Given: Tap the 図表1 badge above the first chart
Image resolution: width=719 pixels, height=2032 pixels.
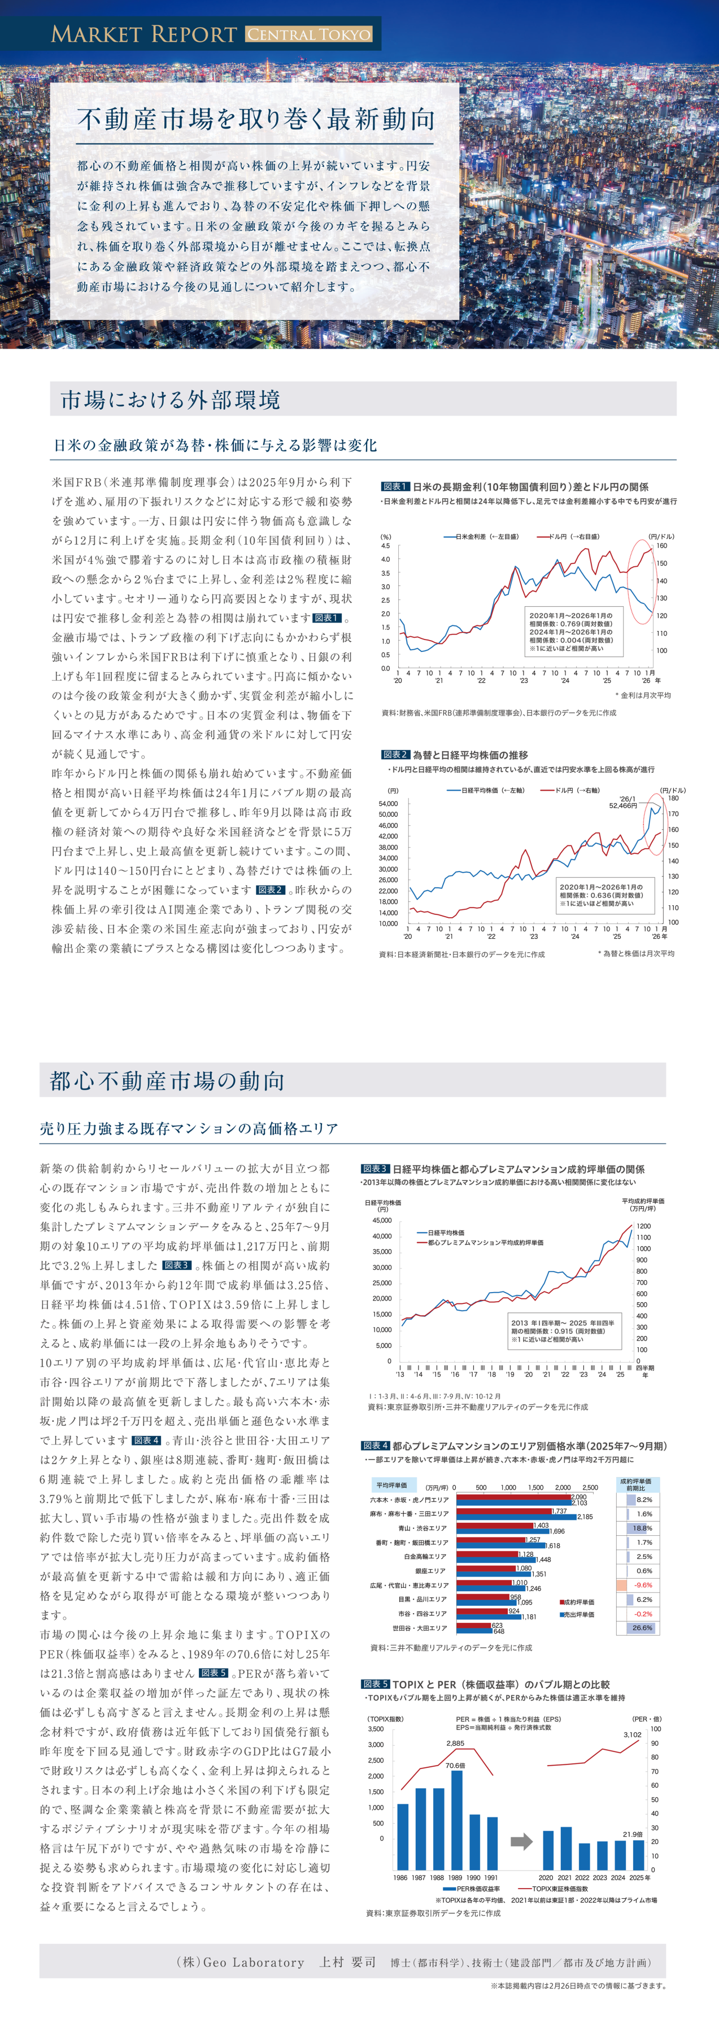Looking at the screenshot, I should pyautogui.click(x=395, y=487).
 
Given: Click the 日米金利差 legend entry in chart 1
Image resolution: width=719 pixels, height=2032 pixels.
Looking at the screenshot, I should pyautogui.click(x=481, y=536).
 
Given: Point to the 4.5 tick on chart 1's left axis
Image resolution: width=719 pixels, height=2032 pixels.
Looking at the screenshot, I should pyautogui.click(x=385, y=546).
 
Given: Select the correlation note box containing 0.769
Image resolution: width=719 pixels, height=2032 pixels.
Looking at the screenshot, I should pyautogui.click(x=574, y=631).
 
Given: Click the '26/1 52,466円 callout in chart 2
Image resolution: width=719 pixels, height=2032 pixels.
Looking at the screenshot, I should pyautogui.click(x=624, y=802).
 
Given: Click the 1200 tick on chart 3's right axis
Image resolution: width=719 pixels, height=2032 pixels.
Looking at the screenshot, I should pyautogui.click(x=643, y=1227).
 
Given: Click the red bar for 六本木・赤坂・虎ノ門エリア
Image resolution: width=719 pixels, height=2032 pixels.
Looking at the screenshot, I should pyautogui.click(x=513, y=1496).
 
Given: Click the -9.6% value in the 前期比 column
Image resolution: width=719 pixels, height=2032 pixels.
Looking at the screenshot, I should pyautogui.click(x=643, y=1585).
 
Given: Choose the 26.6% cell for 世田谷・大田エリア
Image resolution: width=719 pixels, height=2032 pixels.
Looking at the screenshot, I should pyautogui.click(x=642, y=1627).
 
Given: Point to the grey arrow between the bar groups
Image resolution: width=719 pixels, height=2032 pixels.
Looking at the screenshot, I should pyautogui.click(x=521, y=1841).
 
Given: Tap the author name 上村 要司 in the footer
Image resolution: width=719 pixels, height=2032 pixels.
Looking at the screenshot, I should pyautogui.click(x=347, y=1962).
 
